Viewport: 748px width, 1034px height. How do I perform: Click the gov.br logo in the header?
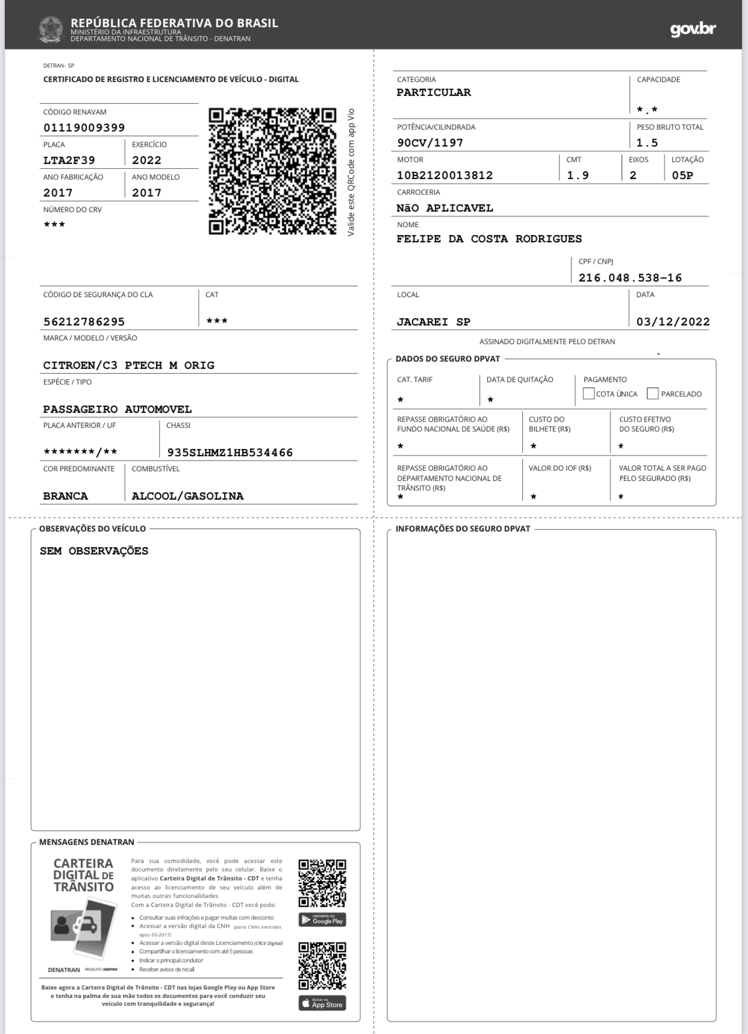click(693, 30)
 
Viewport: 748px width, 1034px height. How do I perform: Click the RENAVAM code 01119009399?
click(84, 128)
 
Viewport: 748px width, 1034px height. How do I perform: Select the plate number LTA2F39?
click(69, 160)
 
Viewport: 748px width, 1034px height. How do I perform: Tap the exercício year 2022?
click(147, 160)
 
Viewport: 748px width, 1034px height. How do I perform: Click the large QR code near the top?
click(272, 171)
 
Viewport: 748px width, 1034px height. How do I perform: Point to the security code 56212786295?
click(84, 322)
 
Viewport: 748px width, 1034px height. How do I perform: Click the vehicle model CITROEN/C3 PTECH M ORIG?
click(129, 365)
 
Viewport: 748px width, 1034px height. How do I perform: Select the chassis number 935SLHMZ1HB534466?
click(230, 453)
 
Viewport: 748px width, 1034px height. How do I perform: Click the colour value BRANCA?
click(66, 496)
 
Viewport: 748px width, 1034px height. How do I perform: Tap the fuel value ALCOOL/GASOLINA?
click(188, 496)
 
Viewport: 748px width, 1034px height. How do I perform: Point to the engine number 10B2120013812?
click(444, 175)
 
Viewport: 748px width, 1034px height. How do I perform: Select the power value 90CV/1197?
click(430, 143)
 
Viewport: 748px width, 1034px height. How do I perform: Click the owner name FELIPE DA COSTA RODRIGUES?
click(489, 239)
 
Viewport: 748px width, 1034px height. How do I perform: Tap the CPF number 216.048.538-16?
click(630, 278)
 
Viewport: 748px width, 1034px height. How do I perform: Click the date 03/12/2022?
click(673, 322)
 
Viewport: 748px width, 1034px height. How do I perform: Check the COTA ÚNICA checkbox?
click(588, 393)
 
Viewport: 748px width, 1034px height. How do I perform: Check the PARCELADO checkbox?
click(652, 393)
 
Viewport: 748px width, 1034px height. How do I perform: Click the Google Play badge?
click(322, 920)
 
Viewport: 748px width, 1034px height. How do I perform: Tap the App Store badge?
click(322, 1003)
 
